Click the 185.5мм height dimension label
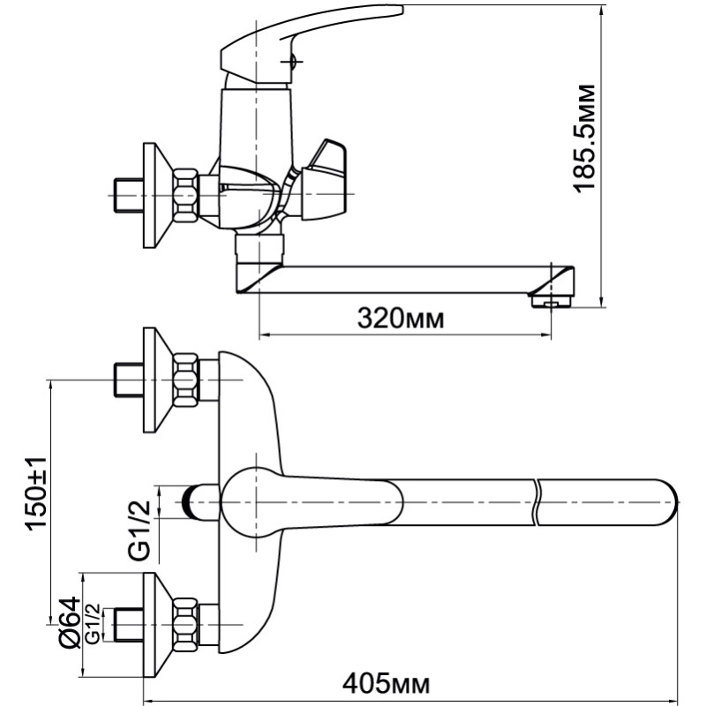point(584,139)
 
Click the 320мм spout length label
point(401,319)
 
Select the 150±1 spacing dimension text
point(36,493)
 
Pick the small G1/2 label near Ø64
point(93,624)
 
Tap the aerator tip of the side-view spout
point(552,300)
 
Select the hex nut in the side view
point(185,195)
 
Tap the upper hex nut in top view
point(185,380)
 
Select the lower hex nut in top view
point(185,625)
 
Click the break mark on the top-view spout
point(537,502)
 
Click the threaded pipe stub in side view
point(127,195)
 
